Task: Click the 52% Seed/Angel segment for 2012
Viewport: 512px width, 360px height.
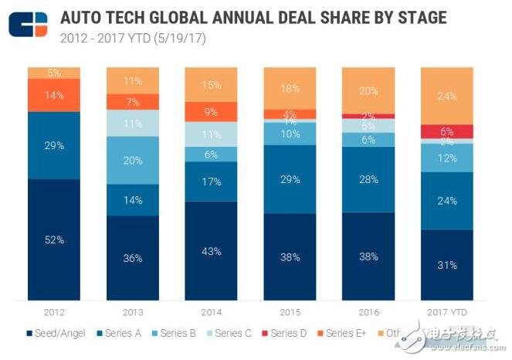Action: (x=54, y=239)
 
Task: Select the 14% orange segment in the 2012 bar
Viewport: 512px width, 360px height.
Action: (x=54, y=95)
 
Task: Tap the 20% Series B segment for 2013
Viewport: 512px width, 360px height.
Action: (x=133, y=160)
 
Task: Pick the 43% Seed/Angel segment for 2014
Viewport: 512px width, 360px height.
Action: (x=211, y=250)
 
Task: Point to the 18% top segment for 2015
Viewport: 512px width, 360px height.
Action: (x=290, y=87)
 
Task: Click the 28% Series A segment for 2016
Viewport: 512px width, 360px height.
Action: (x=368, y=179)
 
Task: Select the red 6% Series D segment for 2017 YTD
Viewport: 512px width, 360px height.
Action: (x=446, y=131)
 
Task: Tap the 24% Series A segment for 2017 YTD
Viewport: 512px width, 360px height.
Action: (x=446, y=200)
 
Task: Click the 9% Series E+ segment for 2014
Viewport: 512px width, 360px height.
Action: (x=211, y=111)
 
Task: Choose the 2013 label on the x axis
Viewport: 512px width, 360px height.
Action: (x=133, y=313)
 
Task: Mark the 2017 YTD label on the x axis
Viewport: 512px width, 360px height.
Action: (x=446, y=313)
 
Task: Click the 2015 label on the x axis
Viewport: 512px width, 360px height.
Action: (x=290, y=313)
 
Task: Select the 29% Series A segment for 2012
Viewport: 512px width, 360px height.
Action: (x=54, y=145)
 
